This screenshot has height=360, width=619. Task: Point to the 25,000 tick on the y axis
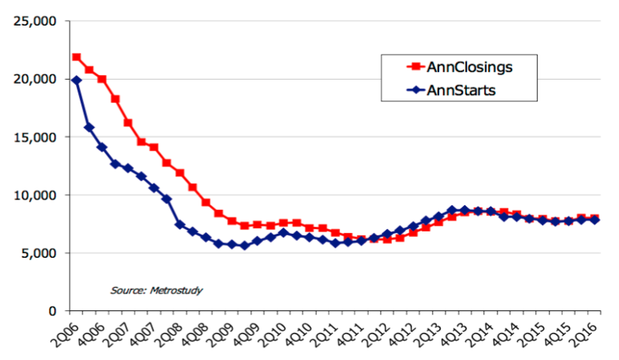[x=35, y=21]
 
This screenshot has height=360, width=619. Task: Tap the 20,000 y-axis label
[x=35, y=79]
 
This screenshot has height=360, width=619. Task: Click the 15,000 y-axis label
[x=35, y=137]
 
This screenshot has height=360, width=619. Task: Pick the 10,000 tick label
[x=35, y=195]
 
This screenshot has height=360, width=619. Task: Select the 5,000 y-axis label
[x=38, y=253]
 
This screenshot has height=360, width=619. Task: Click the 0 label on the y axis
[x=53, y=311]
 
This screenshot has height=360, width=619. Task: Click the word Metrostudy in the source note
[x=176, y=290]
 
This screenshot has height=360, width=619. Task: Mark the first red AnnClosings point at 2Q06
[x=77, y=57]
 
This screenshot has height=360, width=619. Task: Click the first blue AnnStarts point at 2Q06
[x=77, y=81]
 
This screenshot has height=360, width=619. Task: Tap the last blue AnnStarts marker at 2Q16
[x=594, y=220]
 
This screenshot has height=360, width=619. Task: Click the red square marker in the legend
[x=415, y=67]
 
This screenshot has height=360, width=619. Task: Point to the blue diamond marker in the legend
[x=415, y=91]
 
